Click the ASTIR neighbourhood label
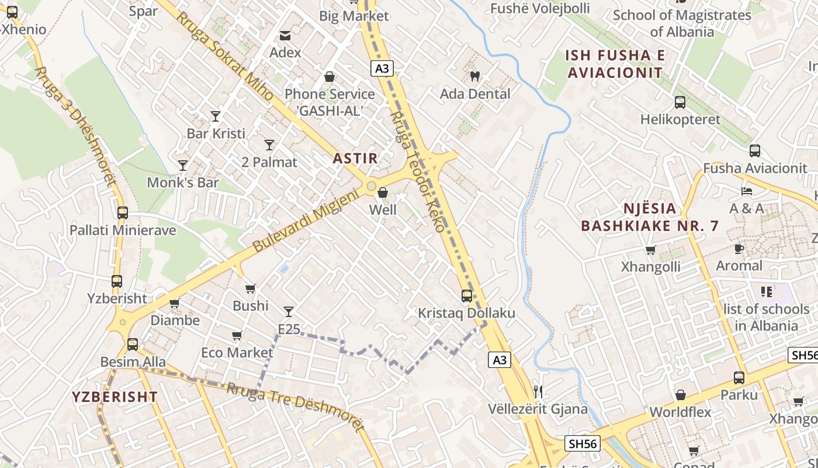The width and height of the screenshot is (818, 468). tap(355, 158)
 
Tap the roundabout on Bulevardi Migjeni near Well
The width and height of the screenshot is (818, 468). tap(371, 187)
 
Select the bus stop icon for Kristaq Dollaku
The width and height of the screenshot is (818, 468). tap(466, 296)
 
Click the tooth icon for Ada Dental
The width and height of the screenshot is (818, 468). tap(474, 76)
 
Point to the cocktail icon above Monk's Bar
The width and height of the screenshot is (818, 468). tap(183, 166)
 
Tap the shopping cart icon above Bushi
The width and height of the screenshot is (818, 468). tap(251, 288)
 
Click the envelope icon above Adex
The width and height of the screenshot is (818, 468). tap(285, 36)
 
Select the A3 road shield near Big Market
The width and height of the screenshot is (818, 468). tap(382, 69)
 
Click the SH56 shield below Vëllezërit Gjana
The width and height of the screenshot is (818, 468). tap(583, 444)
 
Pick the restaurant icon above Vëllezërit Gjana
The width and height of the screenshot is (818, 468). tap(538, 391)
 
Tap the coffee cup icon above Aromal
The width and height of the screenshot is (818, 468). tap(739, 249)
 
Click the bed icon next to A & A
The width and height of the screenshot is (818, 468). tap(747, 191)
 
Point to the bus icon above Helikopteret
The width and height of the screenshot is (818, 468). tap(680, 102)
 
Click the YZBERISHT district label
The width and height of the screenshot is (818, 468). tap(115, 397)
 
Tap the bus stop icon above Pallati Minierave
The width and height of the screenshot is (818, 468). tap(122, 213)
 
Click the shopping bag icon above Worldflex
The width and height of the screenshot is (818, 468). tap(680, 395)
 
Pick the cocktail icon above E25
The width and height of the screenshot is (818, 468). tap(289, 312)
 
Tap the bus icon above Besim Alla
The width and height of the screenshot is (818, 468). tap(133, 345)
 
